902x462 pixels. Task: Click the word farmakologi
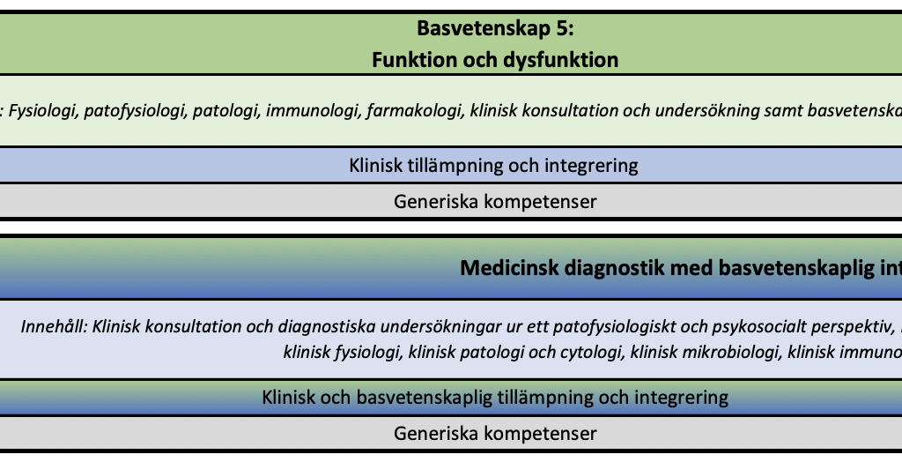point(415,110)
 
